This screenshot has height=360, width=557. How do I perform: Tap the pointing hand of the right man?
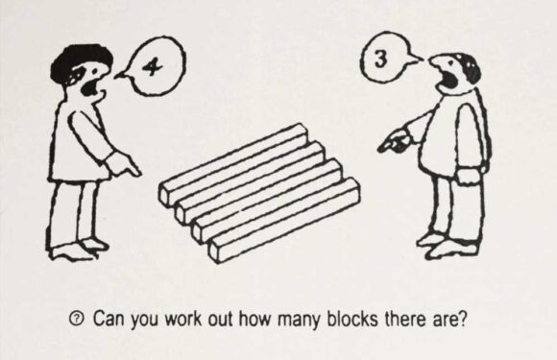tap(389, 144)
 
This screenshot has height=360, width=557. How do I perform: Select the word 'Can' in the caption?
tap(109, 318)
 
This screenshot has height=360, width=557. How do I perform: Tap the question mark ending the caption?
tap(464, 318)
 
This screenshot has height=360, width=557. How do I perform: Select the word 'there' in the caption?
tap(402, 318)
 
